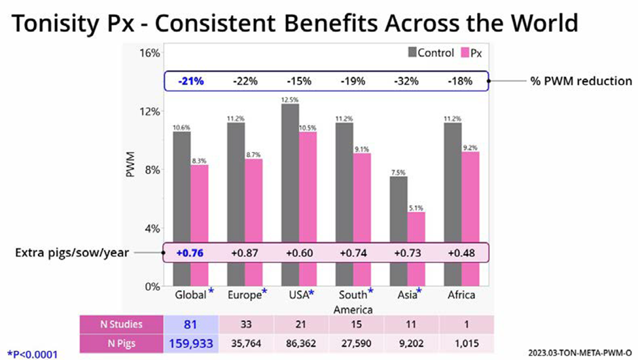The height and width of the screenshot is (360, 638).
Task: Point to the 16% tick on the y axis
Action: point(149,53)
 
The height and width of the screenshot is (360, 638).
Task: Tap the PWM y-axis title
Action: point(130,169)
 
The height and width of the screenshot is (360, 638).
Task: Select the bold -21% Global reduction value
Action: point(190,82)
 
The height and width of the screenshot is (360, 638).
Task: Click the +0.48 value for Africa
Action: point(461,253)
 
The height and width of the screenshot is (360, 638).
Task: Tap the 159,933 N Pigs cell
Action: point(190,341)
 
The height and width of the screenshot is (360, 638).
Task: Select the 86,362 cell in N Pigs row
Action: point(299,341)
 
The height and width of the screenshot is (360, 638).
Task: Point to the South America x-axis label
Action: point(353,302)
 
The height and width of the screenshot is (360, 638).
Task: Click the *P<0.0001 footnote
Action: point(33,354)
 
